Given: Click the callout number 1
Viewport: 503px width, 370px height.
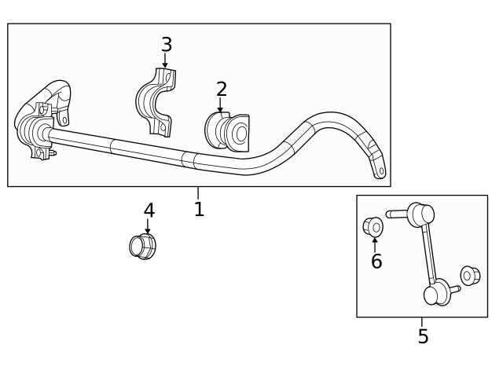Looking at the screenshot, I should coord(199,209).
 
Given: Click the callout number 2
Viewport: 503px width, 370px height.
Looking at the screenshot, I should coord(221,90).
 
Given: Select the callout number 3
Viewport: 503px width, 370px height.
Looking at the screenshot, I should coord(166,45).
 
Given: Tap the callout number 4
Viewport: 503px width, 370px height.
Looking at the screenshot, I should coord(149,211).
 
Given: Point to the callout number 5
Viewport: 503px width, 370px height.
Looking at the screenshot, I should coord(423,337).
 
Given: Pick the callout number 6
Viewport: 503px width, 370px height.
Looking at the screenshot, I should coord(376,262).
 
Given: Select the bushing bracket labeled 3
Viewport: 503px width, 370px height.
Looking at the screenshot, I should coord(156,102).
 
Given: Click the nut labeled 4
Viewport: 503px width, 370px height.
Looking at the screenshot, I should coord(142,246).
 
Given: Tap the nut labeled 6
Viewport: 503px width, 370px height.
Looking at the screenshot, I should coord(373,227).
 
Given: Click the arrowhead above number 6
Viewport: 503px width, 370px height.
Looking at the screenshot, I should coord(375,240).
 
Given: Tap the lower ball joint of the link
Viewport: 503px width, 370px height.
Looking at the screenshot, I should coord(435,294).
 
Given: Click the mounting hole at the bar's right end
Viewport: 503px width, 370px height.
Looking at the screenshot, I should coord(381,170).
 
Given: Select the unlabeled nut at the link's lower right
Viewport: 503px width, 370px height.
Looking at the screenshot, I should coord(470,276).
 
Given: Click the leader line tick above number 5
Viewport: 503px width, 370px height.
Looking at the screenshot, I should coord(422,321).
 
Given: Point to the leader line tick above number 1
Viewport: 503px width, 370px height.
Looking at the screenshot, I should coord(198,192).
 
